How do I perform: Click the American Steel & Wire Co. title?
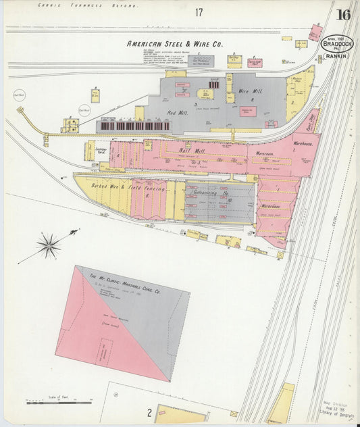point(175,44)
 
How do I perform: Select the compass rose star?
point(49,245)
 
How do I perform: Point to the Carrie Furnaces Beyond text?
point(87,5)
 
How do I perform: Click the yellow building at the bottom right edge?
point(280,403)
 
